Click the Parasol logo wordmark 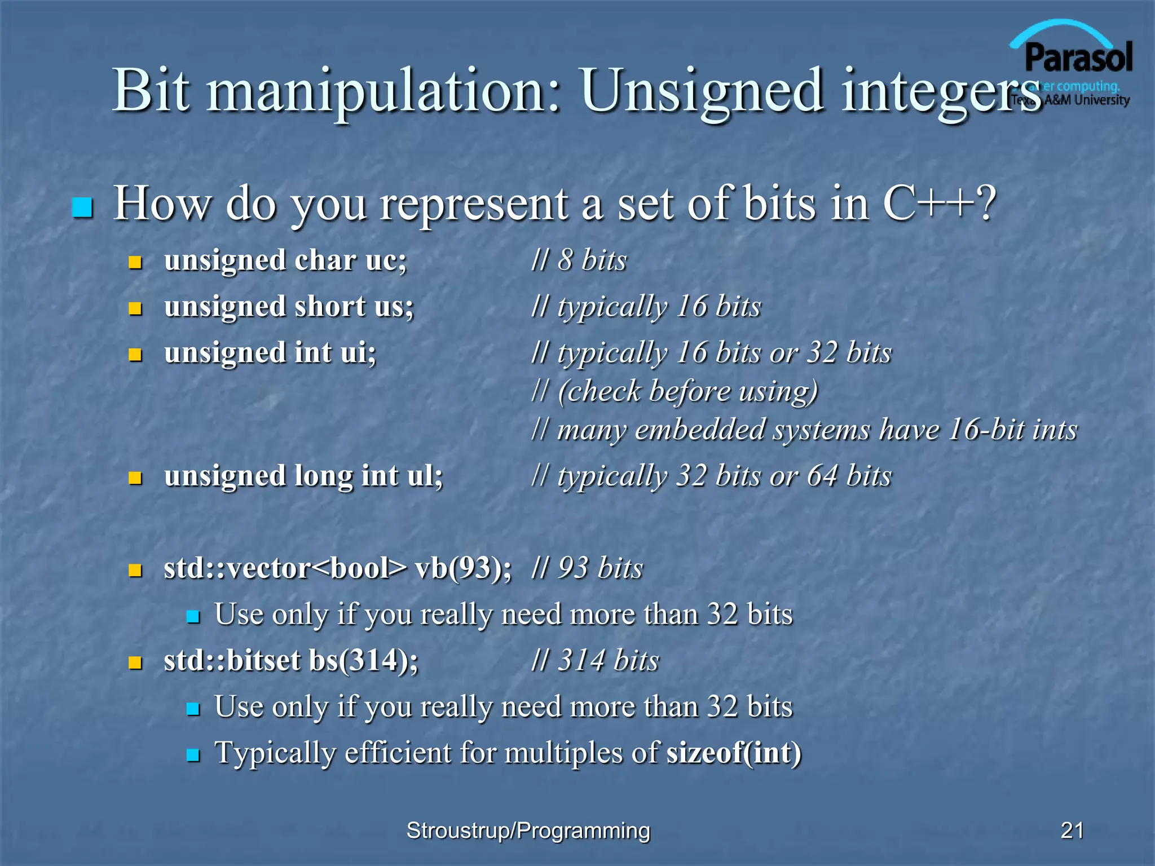pos(1078,58)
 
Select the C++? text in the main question pos(940,204)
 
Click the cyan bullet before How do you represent pos(83,207)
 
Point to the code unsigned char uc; pos(285,261)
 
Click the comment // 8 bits pos(579,260)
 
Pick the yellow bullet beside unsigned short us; pos(135,308)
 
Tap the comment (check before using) pos(687,391)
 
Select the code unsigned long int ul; pos(303,476)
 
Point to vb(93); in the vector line pos(464,568)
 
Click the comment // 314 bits pos(596,660)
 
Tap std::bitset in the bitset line pos(232,661)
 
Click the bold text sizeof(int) pos(734,753)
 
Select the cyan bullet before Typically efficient pos(193,755)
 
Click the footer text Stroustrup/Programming pos(528,830)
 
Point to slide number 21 pos(1072,830)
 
